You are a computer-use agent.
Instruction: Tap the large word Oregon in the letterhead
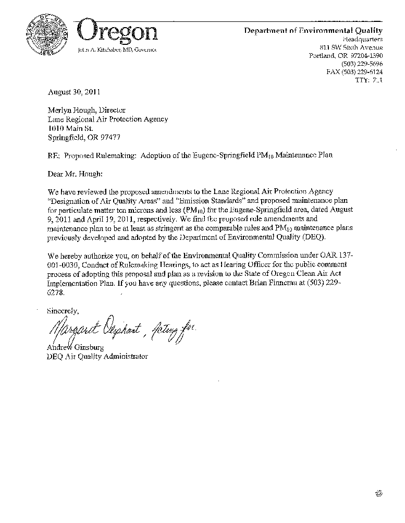tap(117, 31)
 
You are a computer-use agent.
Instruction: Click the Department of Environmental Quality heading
tap(313, 31)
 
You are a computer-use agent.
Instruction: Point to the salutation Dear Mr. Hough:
tap(75, 174)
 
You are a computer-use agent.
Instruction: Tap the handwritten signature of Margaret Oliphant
tap(93, 329)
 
